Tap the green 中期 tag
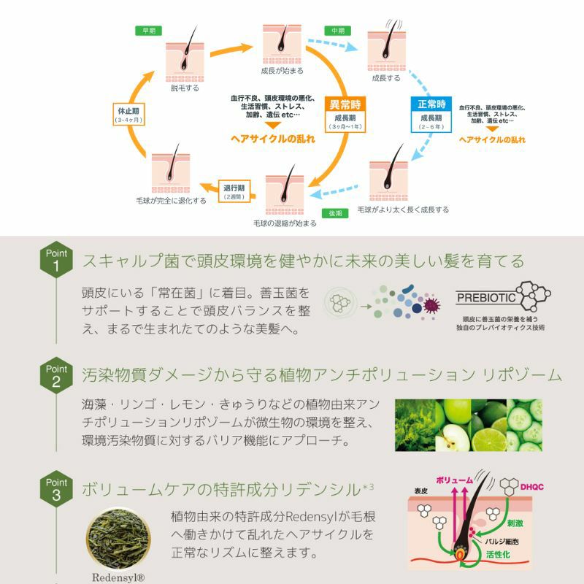pyautogui.click(x=337, y=31)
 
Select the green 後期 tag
pyautogui.click(x=335, y=213)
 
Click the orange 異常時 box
pyautogui.click(x=345, y=104)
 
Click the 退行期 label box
pyautogui.click(x=234, y=191)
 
